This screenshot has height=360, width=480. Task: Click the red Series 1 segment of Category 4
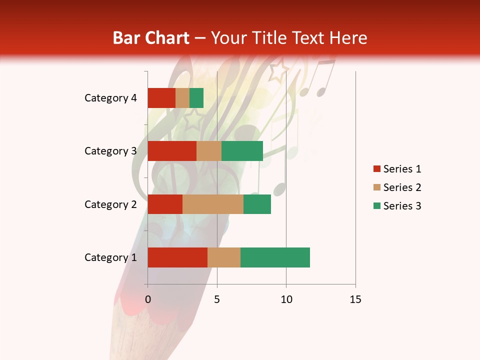tap(161, 98)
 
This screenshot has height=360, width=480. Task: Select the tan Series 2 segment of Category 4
tap(182, 98)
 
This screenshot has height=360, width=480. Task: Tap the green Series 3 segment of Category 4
tap(196, 98)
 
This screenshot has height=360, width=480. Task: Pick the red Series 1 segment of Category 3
tap(172, 151)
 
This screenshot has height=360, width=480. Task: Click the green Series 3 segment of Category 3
tap(242, 151)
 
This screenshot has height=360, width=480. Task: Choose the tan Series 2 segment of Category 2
tap(213, 204)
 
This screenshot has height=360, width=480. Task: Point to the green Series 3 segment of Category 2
tap(257, 204)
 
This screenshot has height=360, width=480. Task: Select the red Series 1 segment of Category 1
tap(177, 257)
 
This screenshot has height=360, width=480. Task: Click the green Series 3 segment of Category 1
tap(275, 257)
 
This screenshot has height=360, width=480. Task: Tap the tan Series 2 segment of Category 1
tap(224, 257)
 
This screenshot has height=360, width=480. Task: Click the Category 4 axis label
tap(110, 98)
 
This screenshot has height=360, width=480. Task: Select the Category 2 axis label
tap(110, 204)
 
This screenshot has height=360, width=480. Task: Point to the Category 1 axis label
tap(110, 257)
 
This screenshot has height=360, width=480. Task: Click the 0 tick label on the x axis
tap(148, 299)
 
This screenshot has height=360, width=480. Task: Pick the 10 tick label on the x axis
tap(286, 299)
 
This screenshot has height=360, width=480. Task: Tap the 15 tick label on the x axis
tap(355, 299)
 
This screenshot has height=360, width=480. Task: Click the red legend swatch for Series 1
tap(376, 169)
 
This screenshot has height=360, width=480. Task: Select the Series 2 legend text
tap(402, 187)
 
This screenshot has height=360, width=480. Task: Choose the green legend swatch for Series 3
tap(376, 206)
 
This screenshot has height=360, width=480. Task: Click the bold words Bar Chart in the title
tap(151, 38)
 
